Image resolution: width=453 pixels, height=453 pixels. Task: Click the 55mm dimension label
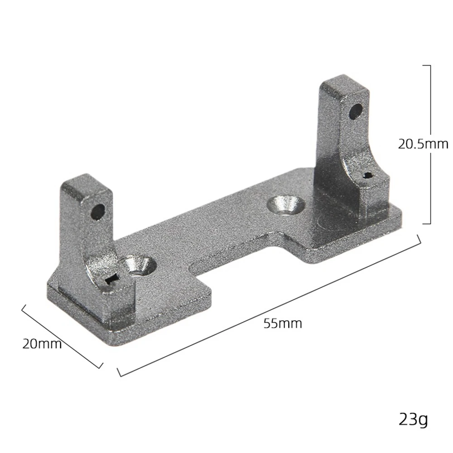(x=283, y=323)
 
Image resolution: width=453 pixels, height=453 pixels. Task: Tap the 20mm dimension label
(x=42, y=344)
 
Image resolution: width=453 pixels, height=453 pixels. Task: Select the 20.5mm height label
(x=423, y=144)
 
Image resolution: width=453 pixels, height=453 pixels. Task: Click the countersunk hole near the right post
(x=286, y=205)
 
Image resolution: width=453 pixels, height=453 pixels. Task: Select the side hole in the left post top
(x=98, y=212)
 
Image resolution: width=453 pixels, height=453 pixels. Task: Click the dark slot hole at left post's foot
(x=112, y=280)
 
